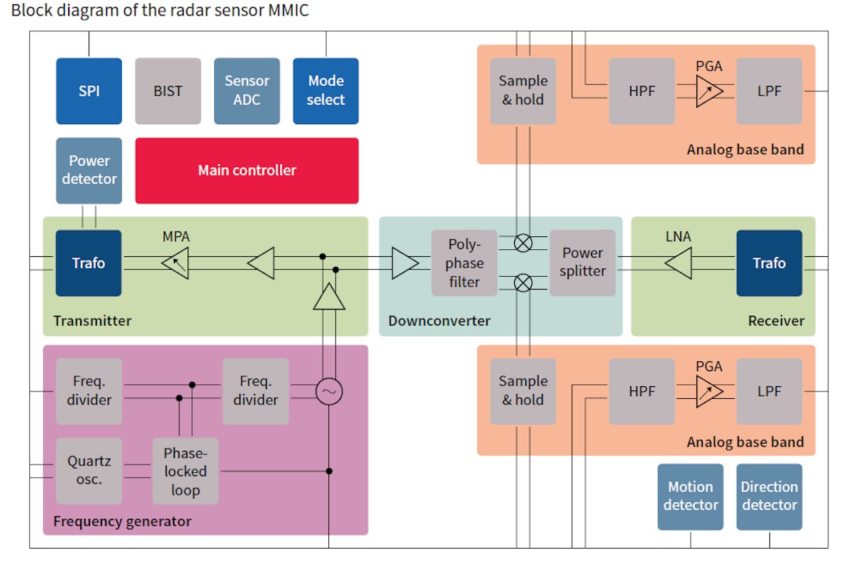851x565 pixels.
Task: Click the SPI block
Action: coord(89,91)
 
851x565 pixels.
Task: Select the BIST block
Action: coord(168,91)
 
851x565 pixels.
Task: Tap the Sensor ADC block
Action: coord(247,91)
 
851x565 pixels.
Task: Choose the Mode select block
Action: coord(326,91)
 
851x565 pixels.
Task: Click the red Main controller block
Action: coord(247,170)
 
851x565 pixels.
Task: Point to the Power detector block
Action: coord(89,170)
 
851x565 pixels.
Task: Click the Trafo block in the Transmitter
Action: coord(89,263)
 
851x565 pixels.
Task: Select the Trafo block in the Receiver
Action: coord(769,263)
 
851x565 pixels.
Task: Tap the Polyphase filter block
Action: coord(464,263)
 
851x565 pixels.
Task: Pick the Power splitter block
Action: coord(583,263)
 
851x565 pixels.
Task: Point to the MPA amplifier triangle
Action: coord(175,263)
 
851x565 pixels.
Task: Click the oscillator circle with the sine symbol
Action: coord(329,392)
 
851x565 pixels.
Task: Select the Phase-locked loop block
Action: coord(186,471)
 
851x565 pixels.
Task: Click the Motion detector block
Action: coord(690,496)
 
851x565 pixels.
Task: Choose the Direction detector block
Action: coord(769,496)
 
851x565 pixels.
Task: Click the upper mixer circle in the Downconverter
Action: coord(523,243)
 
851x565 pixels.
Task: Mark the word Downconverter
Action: coord(439,321)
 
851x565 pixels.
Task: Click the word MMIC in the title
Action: coord(287,11)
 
